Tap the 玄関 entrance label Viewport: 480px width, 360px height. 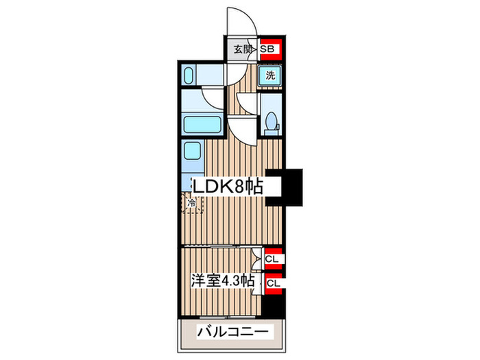[x=240, y=49]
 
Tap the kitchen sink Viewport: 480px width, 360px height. [x=192, y=151]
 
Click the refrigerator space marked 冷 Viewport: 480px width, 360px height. [x=192, y=203]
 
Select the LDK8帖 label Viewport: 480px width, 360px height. [x=227, y=187]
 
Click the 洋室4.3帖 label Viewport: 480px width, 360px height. [x=223, y=281]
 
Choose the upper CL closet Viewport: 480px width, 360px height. [x=272, y=259]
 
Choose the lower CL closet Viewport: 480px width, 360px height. [x=272, y=282]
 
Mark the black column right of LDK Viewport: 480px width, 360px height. [x=289, y=187]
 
